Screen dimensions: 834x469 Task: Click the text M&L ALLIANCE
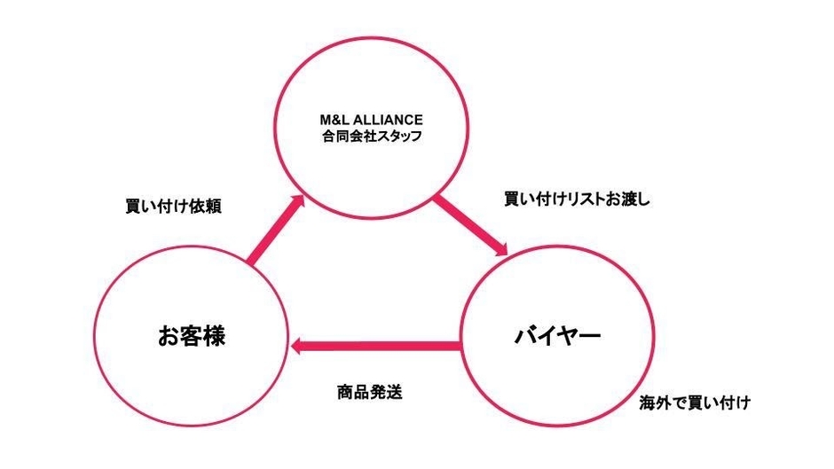[x=371, y=120]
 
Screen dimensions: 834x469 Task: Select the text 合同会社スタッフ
[x=371, y=137]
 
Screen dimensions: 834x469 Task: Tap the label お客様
[x=192, y=336]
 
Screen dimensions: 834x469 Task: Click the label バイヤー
[x=558, y=335]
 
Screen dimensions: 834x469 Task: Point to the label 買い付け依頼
[x=173, y=207]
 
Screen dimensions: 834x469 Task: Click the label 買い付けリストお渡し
[x=577, y=199]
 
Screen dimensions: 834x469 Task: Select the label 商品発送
[x=370, y=393]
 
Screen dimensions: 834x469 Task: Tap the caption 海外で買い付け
[x=695, y=403]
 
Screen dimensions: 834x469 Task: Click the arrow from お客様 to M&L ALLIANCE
[x=275, y=230]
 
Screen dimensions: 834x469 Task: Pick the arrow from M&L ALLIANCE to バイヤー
[x=471, y=227]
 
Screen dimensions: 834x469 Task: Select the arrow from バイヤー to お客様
[x=375, y=346]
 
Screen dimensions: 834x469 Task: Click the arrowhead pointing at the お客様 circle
[x=297, y=346]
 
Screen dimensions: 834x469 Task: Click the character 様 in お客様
[x=215, y=336]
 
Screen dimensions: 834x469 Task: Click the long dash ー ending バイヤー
[x=590, y=335]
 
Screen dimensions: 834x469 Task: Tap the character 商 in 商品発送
[x=345, y=393]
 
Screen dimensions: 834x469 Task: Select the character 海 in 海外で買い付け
[x=648, y=403]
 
